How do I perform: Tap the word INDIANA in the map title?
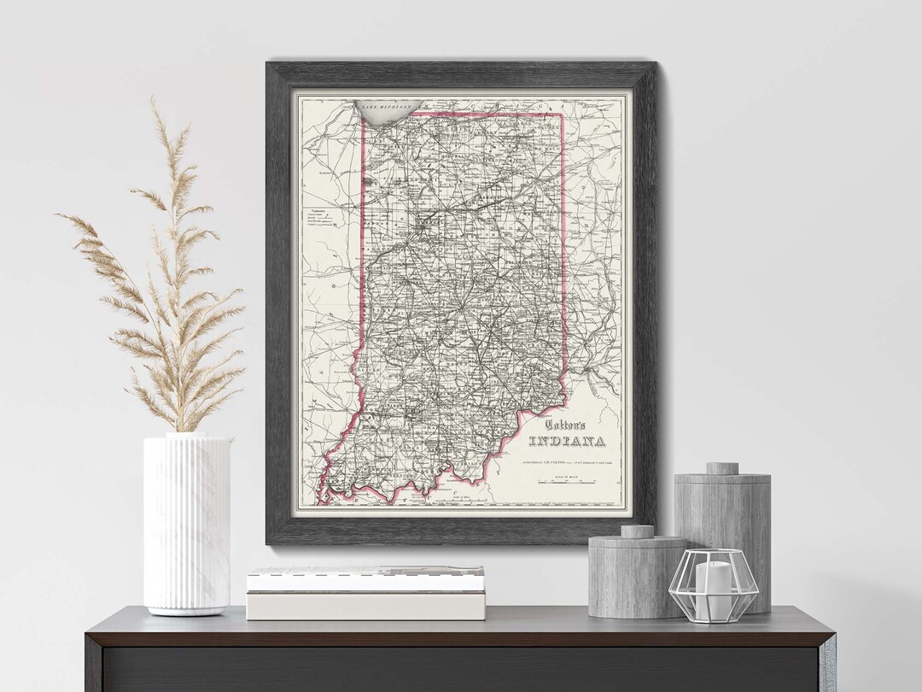tap(567, 442)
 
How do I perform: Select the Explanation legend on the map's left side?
tap(319, 218)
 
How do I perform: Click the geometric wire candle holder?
tap(713, 585)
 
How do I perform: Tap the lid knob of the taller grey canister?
tap(722, 468)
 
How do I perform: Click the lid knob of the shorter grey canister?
tap(637, 531)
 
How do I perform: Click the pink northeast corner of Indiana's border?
tap(562, 114)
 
